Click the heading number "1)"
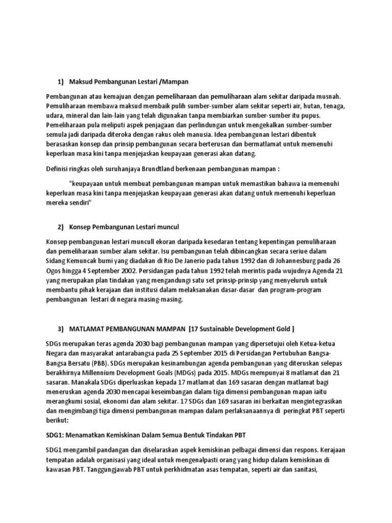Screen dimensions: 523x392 61,82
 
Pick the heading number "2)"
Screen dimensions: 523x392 61,226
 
